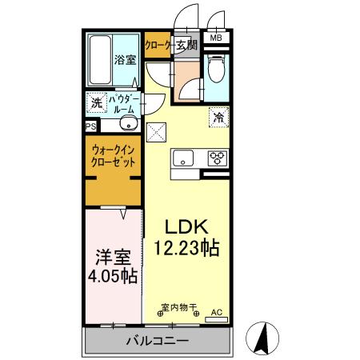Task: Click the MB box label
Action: tap(216, 38)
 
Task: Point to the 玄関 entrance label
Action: tap(186, 45)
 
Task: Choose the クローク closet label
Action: tap(158, 45)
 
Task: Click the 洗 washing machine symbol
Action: tap(96, 102)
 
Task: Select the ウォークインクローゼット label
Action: tap(113, 154)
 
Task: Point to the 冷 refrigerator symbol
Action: tap(218, 117)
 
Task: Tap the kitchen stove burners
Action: tap(218, 157)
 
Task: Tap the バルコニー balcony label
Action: tap(157, 342)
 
